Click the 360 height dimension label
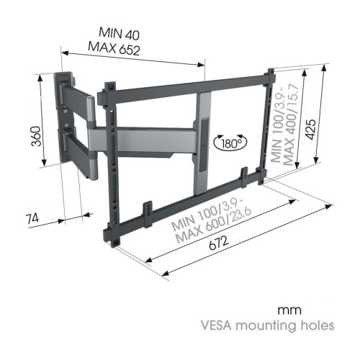coord(37,136)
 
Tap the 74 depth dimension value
coord(32,219)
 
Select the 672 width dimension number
coord(219,243)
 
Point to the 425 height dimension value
coord(311,130)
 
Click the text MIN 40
coord(119,34)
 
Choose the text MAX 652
coord(114,49)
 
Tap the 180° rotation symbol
coord(230,143)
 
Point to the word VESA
coord(217,325)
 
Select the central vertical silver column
coord(204,143)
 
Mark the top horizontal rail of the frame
coord(189,86)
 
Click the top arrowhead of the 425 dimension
coord(324,68)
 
